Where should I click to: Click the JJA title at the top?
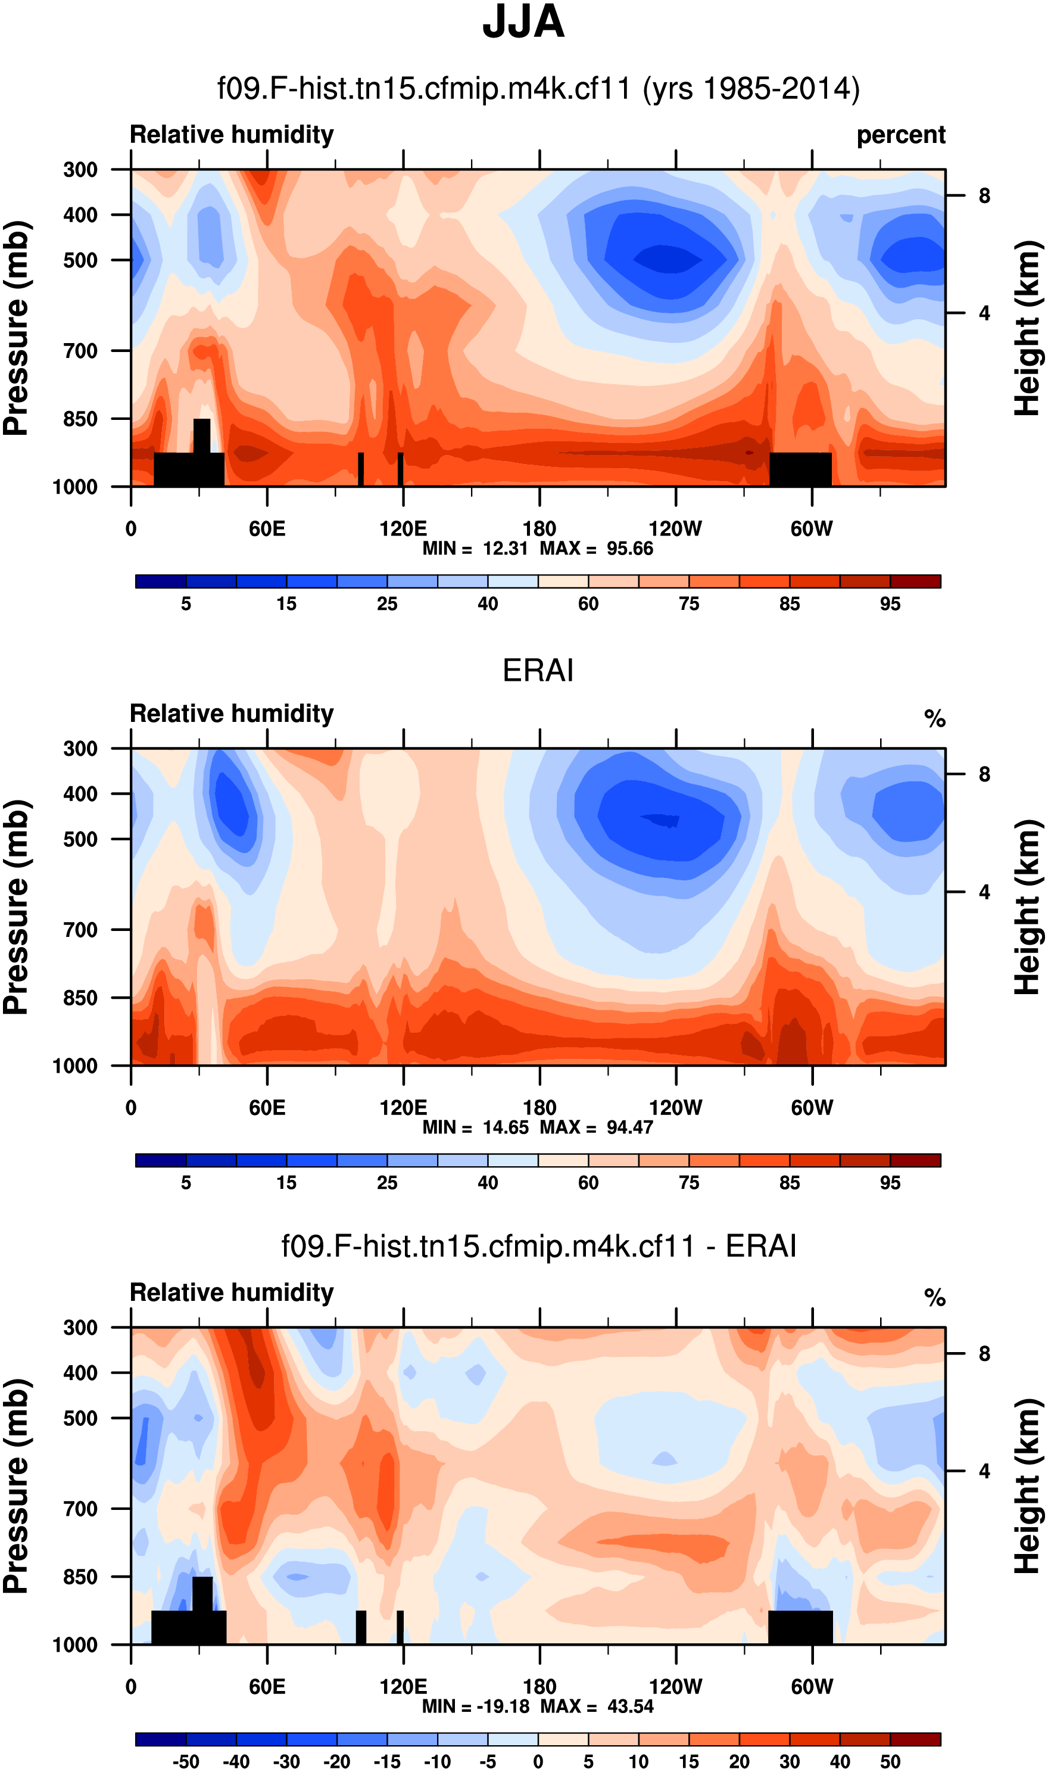point(523,23)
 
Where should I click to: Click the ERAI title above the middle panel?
point(538,670)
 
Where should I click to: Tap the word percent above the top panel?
point(900,135)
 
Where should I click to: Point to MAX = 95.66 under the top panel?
point(596,549)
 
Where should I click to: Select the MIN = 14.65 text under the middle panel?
point(475,1128)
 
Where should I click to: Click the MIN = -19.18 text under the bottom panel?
point(475,1707)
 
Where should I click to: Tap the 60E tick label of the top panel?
point(267,529)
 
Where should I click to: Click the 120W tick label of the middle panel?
point(676,1108)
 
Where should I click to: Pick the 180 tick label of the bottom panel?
point(539,1687)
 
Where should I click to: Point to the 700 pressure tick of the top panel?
point(80,351)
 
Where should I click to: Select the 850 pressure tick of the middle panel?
point(80,998)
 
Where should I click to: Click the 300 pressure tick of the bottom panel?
point(80,1328)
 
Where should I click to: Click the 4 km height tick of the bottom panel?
point(984,1472)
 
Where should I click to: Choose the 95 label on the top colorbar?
point(890,605)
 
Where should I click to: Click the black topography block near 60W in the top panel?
point(800,470)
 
